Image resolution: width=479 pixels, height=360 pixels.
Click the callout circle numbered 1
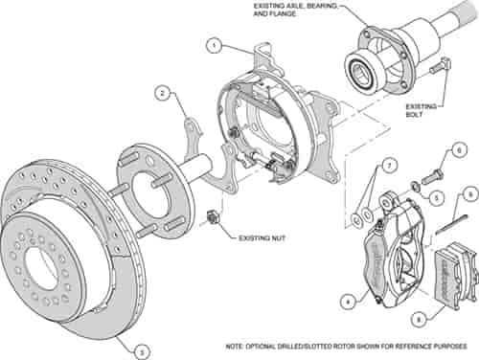[217, 45]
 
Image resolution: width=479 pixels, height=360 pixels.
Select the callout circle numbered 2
[164, 93]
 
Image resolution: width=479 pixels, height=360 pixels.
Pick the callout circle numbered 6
[458, 150]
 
